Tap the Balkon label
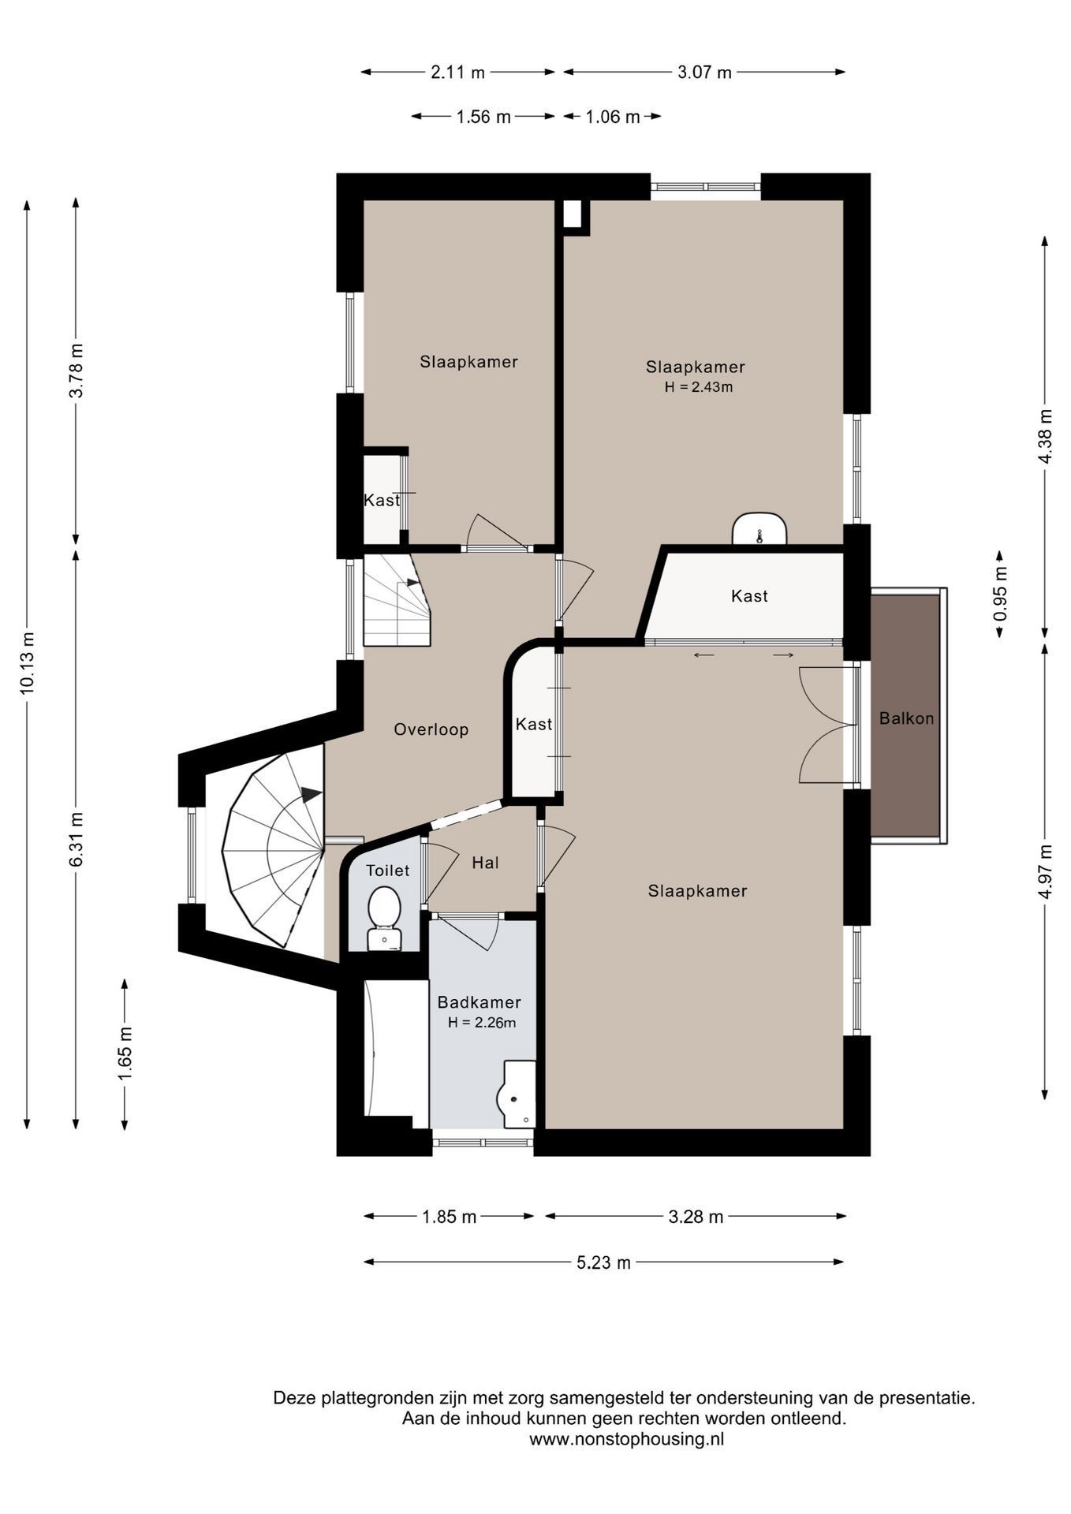906,718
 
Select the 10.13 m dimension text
28,662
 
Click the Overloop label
431,729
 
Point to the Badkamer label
479,1002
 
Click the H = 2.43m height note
698,387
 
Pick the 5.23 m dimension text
603,1262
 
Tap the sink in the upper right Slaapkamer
759,529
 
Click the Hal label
485,863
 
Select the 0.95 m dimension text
1000,593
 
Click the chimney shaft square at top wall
573,214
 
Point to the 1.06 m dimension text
612,117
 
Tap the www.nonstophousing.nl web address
626,1439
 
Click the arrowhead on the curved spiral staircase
312,794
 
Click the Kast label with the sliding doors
748,596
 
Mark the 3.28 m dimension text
696,1217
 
